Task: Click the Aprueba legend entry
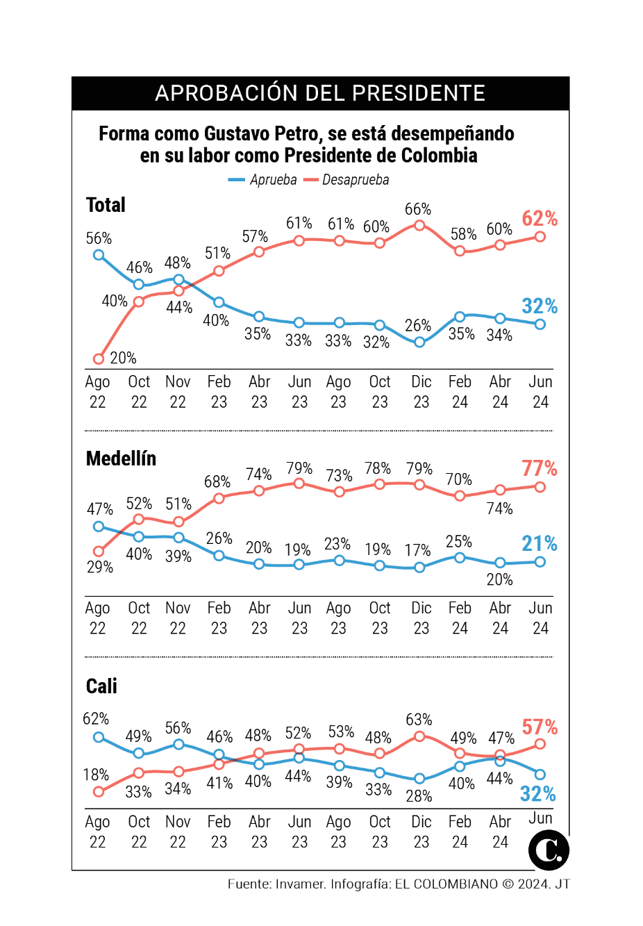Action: pyautogui.click(x=264, y=180)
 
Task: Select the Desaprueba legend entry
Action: pyautogui.click(x=347, y=180)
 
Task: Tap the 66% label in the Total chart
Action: pyautogui.click(x=418, y=209)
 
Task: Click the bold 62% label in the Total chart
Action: pyautogui.click(x=540, y=218)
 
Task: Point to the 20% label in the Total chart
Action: pyautogui.click(x=123, y=358)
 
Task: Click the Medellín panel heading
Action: pyautogui.click(x=121, y=458)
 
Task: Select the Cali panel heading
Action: pyautogui.click(x=101, y=686)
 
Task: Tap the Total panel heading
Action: pyautogui.click(x=106, y=205)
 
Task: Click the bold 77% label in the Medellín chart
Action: pyautogui.click(x=540, y=468)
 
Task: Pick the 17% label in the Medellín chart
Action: pyautogui.click(x=418, y=550)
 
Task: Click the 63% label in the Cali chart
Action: pyautogui.click(x=419, y=719)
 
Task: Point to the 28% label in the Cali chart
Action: pyautogui.click(x=419, y=795)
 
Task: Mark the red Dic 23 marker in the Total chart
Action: pyautogui.click(x=419, y=225)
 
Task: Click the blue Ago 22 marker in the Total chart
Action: pyautogui.click(x=99, y=255)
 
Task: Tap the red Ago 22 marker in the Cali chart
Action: pyautogui.click(x=99, y=791)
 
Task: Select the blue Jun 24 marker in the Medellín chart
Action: pyautogui.click(x=540, y=561)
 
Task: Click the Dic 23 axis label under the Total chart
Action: pyautogui.click(x=421, y=392)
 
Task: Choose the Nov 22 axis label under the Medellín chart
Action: pyautogui.click(x=178, y=618)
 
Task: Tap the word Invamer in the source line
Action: pyautogui.click(x=300, y=884)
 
